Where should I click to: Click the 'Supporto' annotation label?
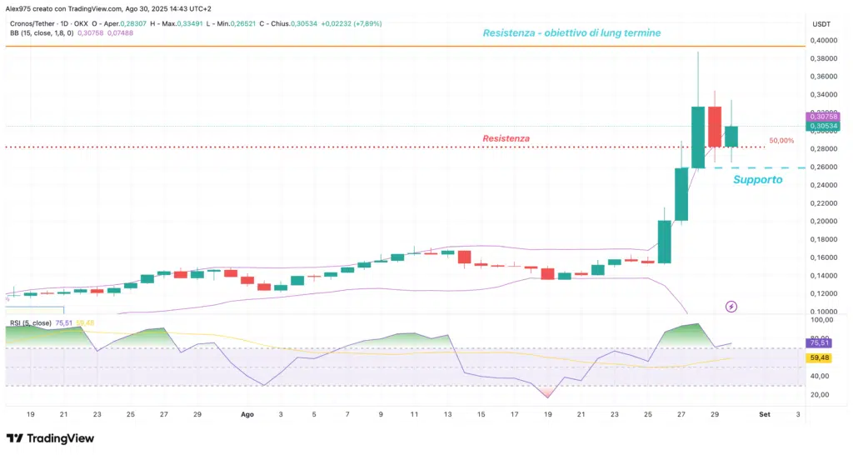click(x=757, y=179)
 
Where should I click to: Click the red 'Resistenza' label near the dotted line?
click(x=506, y=138)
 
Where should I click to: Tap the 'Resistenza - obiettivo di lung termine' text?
click(x=572, y=33)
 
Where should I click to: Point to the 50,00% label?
click(x=781, y=141)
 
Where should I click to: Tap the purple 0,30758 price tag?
click(x=822, y=117)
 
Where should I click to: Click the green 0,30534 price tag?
click(x=822, y=127)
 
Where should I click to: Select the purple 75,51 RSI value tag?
click(x=820, y=342)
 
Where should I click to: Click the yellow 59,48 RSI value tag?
click(x=820, y=358)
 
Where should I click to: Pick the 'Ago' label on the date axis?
click(x=247, y=413)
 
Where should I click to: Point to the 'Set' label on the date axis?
click(x=764, y=413)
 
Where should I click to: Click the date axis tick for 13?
click(x=447, y=413)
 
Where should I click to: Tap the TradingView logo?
click(x=50, y=438)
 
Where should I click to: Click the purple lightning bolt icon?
click(x=731, y=307)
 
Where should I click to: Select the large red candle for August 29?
click(x=715, y=127)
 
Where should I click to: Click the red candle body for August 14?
click(x=464, y=257)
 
